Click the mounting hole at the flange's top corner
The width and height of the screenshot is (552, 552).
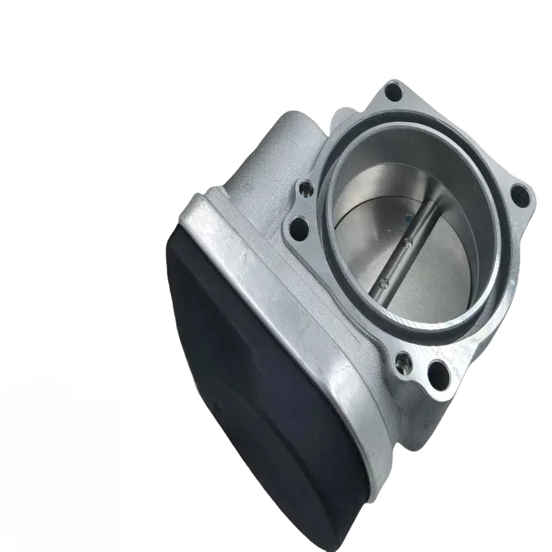[x=394, y=90]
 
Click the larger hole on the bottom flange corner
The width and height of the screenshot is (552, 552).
[x=436, y=373]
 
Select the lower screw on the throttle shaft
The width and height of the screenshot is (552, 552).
[x=382, y=282]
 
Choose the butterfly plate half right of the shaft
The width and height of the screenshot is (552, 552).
[x=442, y=276]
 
